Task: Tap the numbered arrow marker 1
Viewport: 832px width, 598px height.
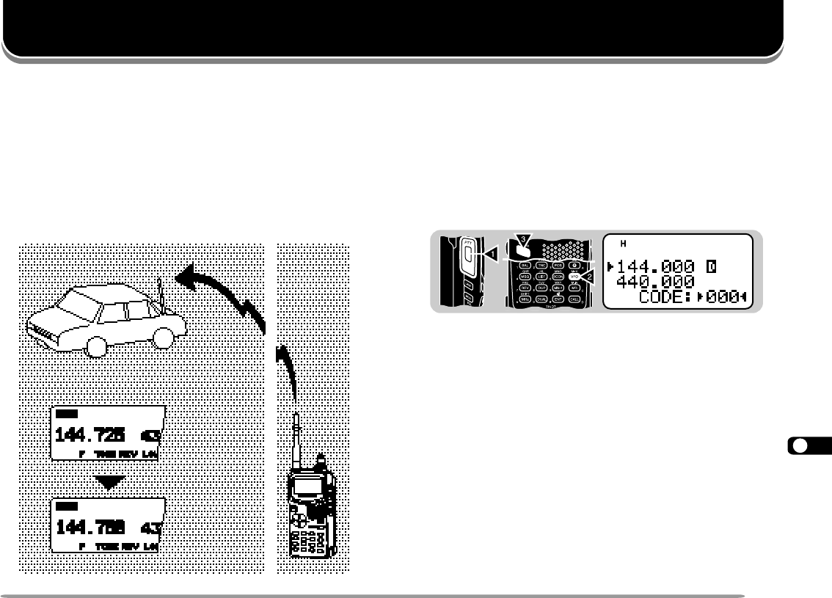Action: pyautogui.click(x=492, y=254)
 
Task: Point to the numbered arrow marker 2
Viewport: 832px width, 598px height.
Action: pyautogui.click(x=587, y=275)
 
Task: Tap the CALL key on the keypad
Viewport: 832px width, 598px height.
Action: pyautogui.click(x=575, y=299)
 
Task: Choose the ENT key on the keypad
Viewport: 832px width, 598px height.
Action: pyautogui.click(x=559, y=299)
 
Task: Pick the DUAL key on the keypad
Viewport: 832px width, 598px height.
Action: pyautogui.click(x=542, y=299)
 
